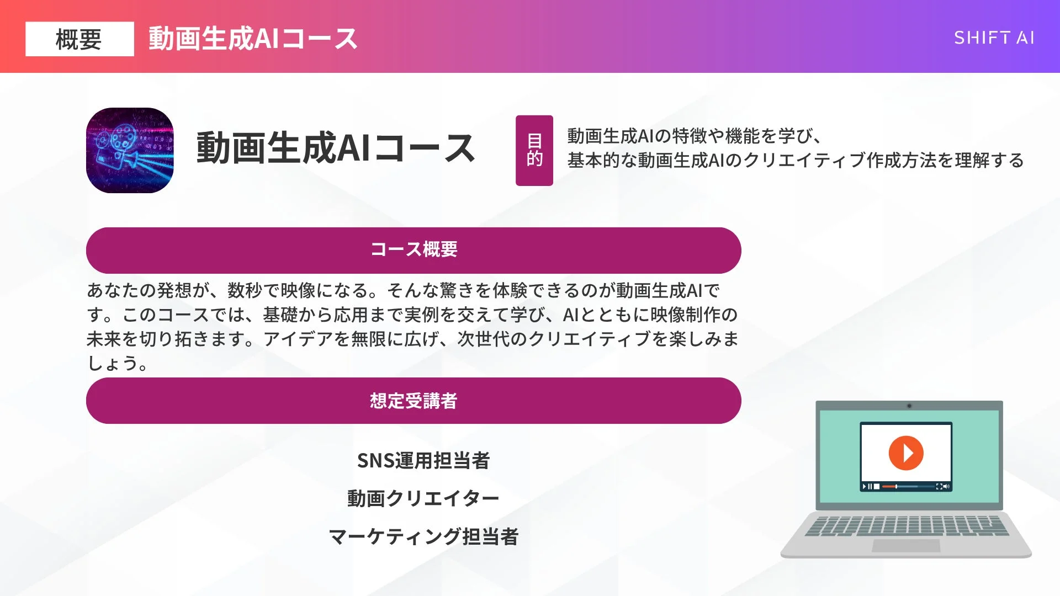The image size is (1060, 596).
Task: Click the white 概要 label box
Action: [x=79, y=39]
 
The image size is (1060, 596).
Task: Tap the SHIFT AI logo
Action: [x=994, y=38]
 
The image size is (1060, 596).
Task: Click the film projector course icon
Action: [x=130, y=150]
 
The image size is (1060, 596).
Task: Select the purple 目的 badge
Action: [x=534, y=150]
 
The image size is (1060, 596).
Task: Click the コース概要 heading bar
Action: [x=414, y=250]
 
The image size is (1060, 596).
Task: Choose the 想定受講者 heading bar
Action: [x=414, y=401]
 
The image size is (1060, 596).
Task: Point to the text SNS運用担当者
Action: [x=423, y=460]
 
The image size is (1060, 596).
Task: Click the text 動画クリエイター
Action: [x=423, y=498]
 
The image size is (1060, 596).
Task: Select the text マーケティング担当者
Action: [x=423, y=536]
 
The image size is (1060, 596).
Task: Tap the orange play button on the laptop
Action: [x=905, y=453]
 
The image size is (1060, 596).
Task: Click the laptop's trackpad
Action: [x=905, y=546]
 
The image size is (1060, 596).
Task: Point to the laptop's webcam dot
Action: [x=909, y=406]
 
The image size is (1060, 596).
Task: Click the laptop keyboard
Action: [x=907, y=525]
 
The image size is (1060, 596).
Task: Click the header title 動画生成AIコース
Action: [x=253, y=39]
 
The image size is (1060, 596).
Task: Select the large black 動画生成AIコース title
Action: [x=336, y=148]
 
